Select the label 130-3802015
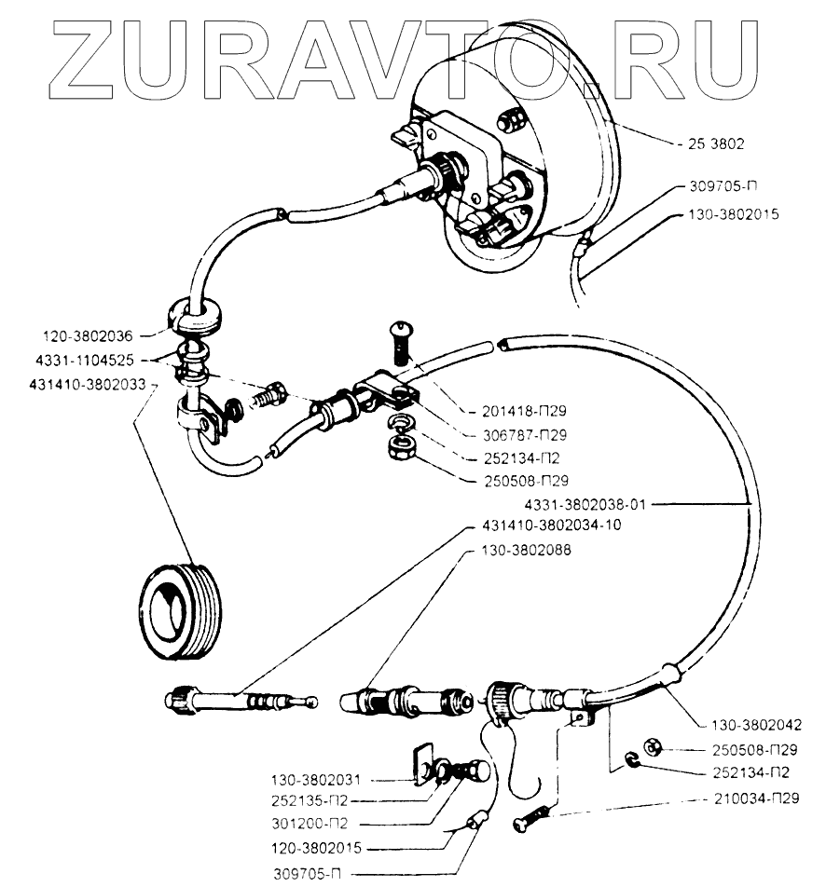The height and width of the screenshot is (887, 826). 734,213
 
